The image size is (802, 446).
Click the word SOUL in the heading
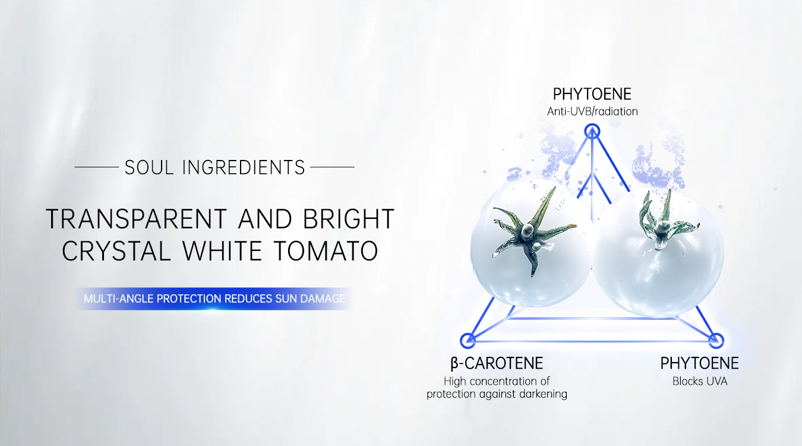[x=149, y=168]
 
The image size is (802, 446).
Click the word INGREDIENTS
[x=244, y=168]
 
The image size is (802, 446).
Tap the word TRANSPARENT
[x=137, y=219]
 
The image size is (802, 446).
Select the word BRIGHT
[x=349, y=219]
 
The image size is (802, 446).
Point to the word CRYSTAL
[x=116, y=250]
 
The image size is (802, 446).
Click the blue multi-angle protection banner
[x=214, y=299]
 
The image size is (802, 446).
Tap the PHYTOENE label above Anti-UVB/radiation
[x=592, y=95]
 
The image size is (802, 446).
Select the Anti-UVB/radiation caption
[x=592, y=112]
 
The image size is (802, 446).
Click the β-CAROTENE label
[x=497, y=363]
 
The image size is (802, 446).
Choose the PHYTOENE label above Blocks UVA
[x=700, y=363]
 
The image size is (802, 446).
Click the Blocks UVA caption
[x=700, y=381]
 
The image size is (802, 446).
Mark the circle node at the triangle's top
[x=592, y=124]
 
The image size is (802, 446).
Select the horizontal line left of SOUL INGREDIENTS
[x=97, y=167]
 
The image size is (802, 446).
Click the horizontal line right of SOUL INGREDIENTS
[x=332, y=167]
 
